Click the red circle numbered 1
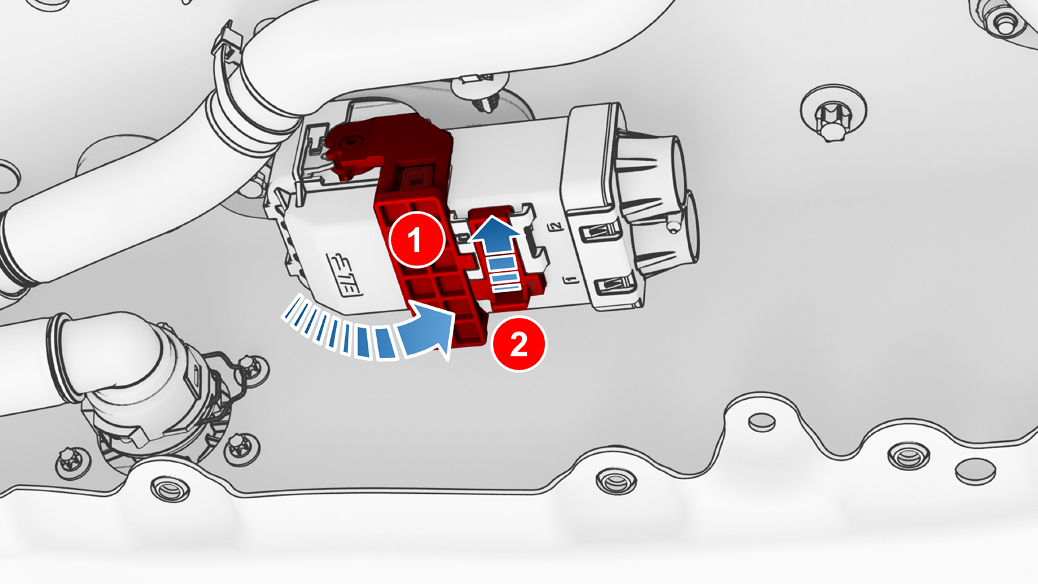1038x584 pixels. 416,239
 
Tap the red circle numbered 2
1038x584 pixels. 519,344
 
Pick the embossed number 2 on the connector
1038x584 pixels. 555,227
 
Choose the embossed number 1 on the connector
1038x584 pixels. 570,280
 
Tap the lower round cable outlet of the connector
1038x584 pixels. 681,227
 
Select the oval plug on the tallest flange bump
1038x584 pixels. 761,422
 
